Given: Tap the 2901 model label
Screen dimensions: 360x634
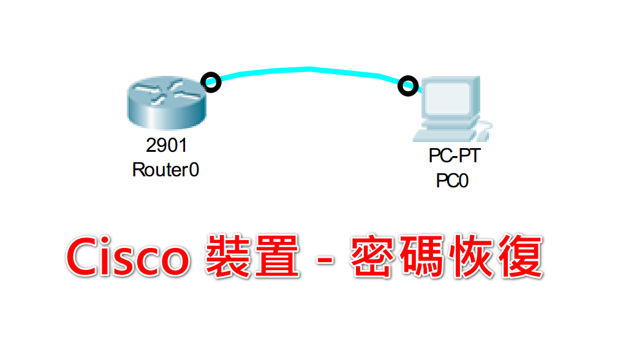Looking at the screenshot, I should point(166,146).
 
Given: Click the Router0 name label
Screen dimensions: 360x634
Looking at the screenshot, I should point(166,170).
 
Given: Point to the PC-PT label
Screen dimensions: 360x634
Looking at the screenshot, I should point(454,156).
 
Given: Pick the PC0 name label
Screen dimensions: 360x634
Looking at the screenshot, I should point(453,181).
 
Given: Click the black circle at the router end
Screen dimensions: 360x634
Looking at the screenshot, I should point(211,81).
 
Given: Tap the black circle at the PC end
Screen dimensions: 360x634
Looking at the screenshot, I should point(407,86).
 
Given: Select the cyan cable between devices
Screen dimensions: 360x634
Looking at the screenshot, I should point(309,70).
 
